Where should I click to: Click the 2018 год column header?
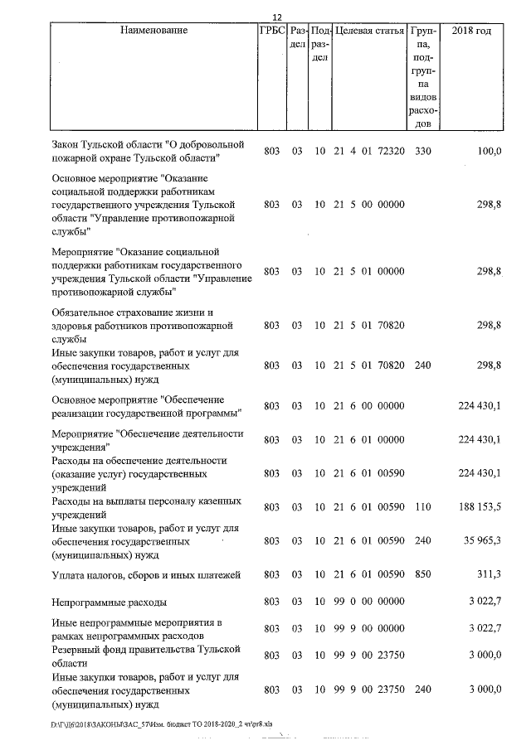click(470, 31)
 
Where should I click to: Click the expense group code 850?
click(423, 574)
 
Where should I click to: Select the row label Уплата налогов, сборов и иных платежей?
click(146, 574)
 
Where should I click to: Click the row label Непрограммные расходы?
click(109, 607)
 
